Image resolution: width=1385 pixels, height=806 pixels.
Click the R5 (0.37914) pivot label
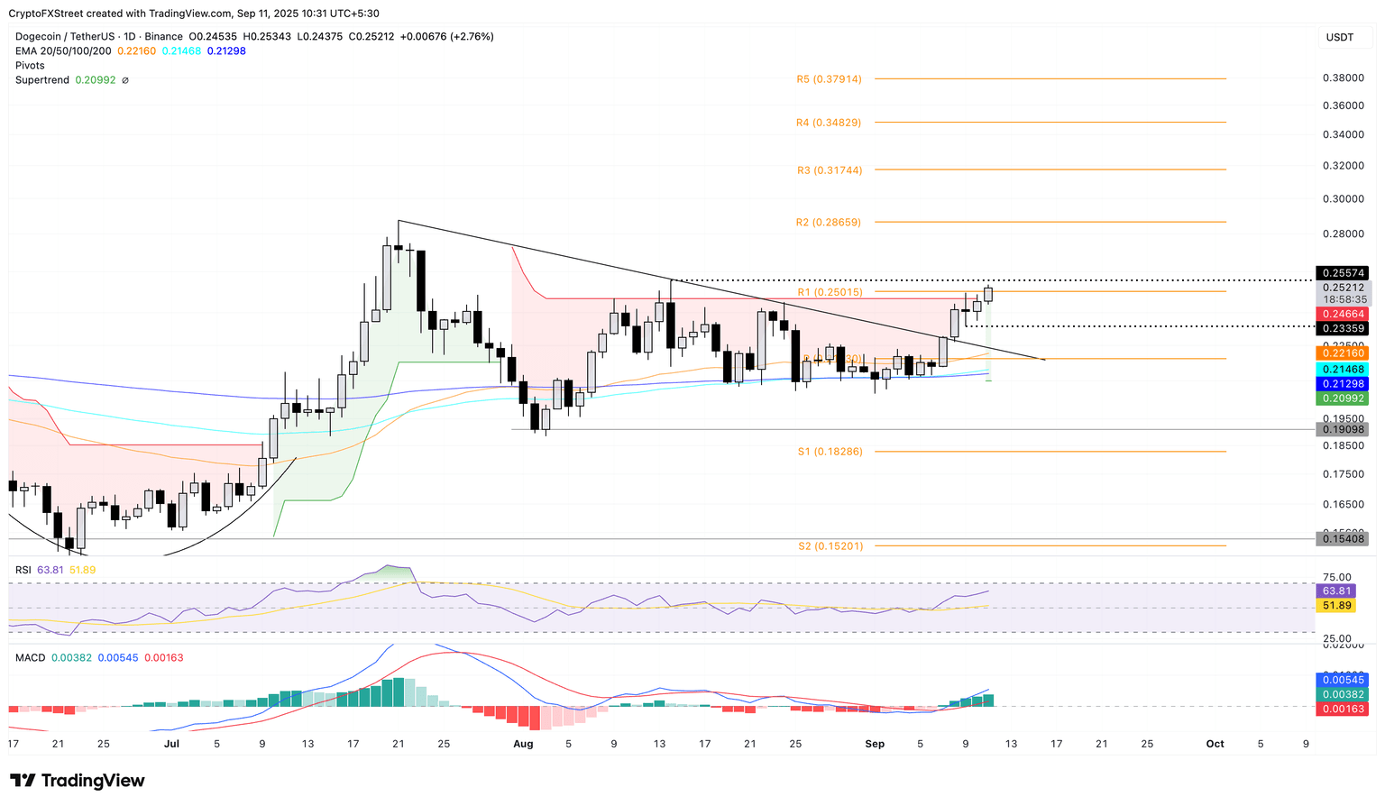829,79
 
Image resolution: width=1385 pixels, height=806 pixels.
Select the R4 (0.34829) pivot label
829,123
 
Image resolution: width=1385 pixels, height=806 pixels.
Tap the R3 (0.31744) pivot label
829,170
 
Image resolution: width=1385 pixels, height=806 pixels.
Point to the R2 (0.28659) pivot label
828,223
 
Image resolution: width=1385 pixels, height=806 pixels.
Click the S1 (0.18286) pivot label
830,452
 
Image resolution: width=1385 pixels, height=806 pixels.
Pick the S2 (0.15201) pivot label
830,546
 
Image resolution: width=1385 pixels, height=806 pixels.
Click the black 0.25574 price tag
1343,273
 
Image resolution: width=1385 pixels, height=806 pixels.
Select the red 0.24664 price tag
1343,315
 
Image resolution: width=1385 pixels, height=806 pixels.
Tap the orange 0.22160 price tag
1343,353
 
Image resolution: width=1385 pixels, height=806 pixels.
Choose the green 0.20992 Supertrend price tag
1343,398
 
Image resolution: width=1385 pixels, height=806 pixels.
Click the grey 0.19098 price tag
1343,430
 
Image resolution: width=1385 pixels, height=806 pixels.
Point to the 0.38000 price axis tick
1343,78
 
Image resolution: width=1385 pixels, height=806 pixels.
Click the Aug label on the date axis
523,744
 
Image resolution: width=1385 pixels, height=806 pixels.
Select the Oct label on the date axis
1215,744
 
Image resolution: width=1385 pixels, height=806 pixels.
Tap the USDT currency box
1340,37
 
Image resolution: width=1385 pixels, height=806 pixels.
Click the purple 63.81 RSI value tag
1335,591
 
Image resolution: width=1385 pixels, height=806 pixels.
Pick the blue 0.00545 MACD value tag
1343,680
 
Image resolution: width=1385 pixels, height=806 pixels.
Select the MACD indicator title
30,658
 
